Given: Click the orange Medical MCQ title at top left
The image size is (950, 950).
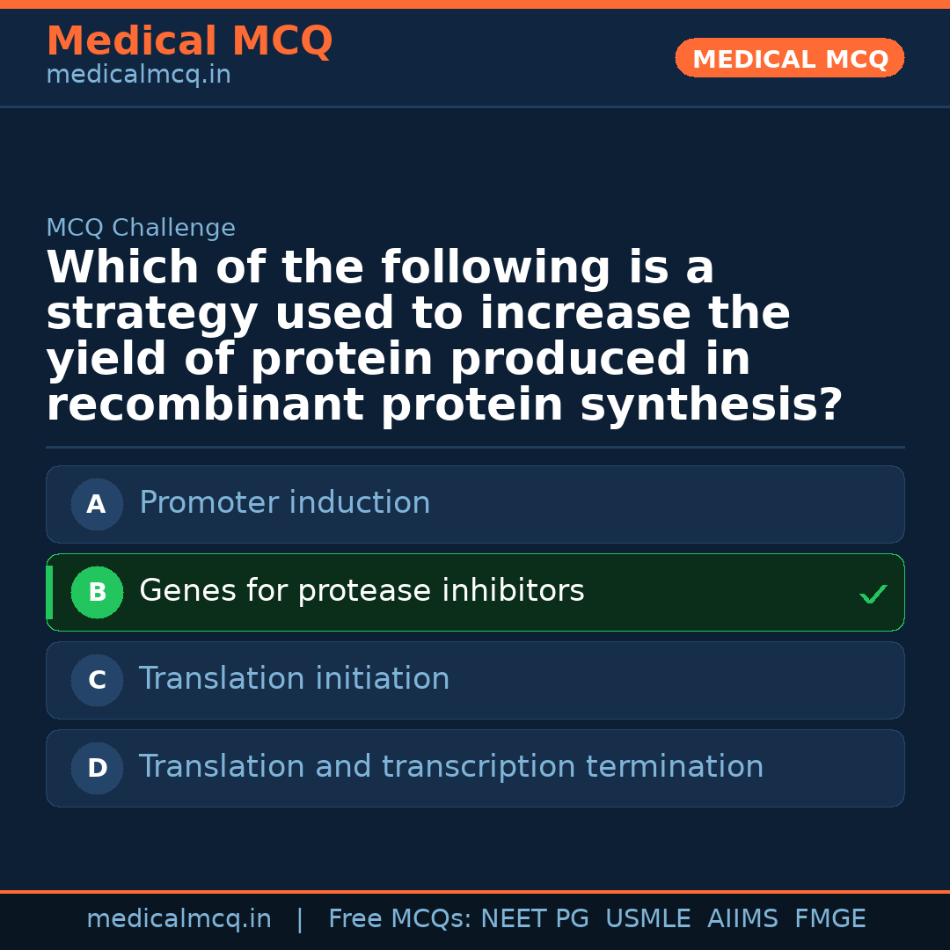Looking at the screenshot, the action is coord(190,40).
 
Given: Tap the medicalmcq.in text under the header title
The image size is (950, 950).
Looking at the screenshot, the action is coord(139,75).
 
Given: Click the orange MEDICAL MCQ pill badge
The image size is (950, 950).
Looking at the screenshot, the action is coord(789,58).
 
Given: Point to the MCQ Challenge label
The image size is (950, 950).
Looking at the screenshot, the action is coord(141,227).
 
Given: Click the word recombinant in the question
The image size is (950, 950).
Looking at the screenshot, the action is coord(205,404).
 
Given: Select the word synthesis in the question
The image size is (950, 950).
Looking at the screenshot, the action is coord(712,404).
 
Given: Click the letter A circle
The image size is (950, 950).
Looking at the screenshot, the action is coord(97,504).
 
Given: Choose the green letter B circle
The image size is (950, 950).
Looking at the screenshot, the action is coord(97,592).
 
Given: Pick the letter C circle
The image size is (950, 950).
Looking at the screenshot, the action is coord(97,680).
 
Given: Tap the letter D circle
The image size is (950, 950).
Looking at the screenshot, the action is coord(97,768).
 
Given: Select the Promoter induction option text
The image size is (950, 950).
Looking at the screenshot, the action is coord(285,502).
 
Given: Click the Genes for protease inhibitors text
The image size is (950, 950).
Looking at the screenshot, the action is coord(362,591).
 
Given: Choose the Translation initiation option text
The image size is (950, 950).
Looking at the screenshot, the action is coord(295,678).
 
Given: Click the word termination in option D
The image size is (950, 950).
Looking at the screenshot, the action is coord(675,766).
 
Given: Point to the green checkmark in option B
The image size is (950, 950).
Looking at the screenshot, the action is coord(873,594).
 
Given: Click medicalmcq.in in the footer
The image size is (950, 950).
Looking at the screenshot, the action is coord(179,918).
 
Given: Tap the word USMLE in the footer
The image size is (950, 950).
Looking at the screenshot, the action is coord(647,918).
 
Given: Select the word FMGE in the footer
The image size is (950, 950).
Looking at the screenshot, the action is coord(830,918).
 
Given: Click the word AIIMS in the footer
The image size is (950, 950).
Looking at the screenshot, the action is coord(742,918).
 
